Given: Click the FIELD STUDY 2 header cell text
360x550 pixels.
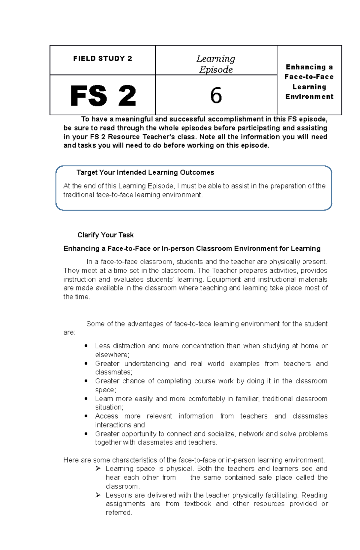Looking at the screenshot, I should click(x=103, y=58).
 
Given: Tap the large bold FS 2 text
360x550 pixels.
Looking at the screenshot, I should click(x=103, y=96).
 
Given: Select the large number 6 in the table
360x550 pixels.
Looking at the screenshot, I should click(x=216, y=96).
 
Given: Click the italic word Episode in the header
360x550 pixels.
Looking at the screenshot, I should click(x=216, y=70).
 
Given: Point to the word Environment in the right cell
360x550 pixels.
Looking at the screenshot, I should click(x=309, y=97).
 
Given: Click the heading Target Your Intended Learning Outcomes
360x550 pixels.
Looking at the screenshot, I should click(x=145, y=172).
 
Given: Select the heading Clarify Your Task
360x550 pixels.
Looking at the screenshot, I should click(x=105, y=235).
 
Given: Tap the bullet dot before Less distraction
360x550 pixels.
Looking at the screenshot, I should click(x=86, y=346).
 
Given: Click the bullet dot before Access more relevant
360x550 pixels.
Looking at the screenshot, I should click(x=86, y=416).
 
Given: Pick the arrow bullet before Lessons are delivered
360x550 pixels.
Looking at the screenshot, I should click(x=98, y=495).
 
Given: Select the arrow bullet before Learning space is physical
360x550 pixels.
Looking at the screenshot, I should click(x=98, y=468).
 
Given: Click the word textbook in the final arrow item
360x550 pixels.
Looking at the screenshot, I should click(x=197, y=504).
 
